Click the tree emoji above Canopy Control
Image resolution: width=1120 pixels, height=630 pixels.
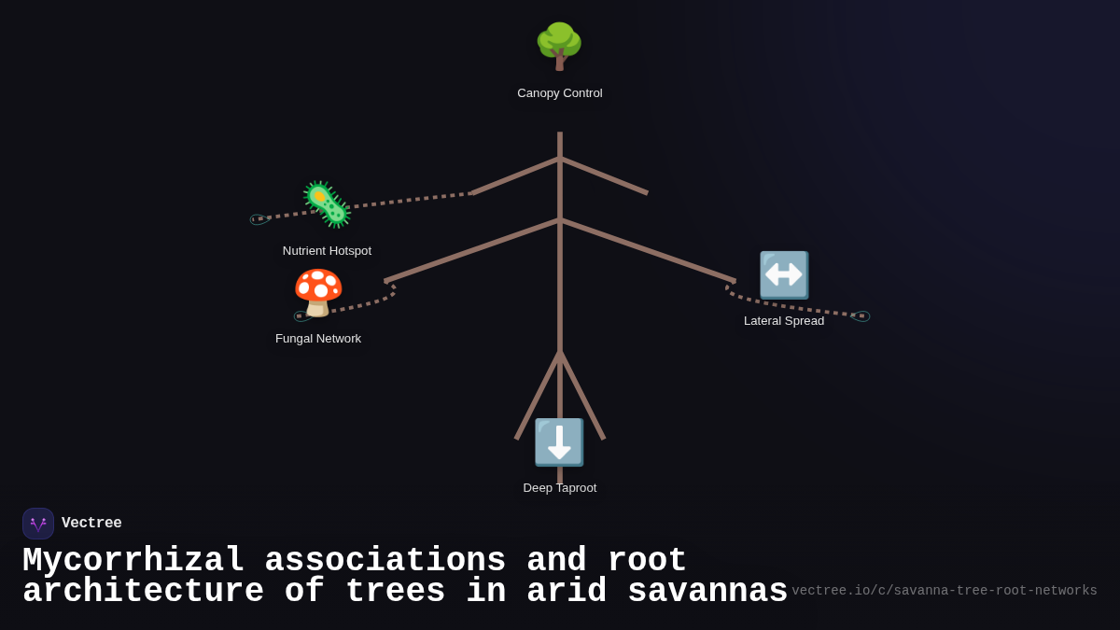(x=559, y=46)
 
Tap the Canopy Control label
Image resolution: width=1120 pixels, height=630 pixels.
(x=560, y=93)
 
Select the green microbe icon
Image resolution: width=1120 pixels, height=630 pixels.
(x=326, y=204)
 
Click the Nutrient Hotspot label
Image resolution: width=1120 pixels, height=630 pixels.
(x=327, y=251)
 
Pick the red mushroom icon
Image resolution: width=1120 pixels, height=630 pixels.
(x=318, y=292)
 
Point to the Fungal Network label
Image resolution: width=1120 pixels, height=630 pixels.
(x=318, y=339)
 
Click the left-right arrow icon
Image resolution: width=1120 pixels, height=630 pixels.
(x=783, y=274)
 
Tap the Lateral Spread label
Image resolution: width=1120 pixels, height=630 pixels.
(x=784, y=321)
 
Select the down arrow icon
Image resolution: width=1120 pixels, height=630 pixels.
(x=559, y=442)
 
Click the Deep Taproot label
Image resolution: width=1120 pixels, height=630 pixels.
(x=560, y=488)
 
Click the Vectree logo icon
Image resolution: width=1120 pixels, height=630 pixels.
(x=38, y=524)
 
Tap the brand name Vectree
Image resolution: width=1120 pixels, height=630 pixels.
(x=91, y=524)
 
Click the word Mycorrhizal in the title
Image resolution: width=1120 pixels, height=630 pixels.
(x=133, y=561)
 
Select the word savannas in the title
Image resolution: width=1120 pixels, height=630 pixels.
(x=707, y=592)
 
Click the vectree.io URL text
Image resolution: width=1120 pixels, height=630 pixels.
(x=944, y=591)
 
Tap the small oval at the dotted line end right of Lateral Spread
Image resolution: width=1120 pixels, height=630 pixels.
(x=861, y=316)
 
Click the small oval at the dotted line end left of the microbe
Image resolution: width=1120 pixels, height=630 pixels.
(x=259, y=219)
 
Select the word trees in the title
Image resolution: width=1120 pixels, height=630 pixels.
(x=395, y=592)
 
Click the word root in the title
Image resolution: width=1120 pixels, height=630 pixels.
(x=647, y=561)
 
